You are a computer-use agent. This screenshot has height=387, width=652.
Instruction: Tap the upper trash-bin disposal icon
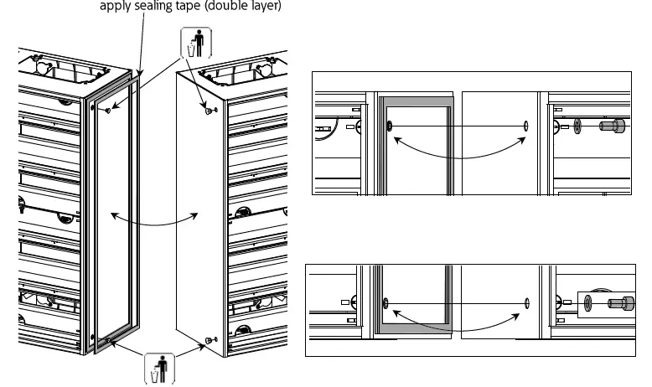[x=194, y=43]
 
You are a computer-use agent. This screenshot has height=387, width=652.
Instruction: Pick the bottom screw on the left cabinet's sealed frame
[x=109, y=339]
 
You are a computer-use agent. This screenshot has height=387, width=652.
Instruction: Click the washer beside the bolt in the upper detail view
[x=579, y=126]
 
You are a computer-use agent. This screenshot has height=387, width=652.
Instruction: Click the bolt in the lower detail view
[x=619, y=302]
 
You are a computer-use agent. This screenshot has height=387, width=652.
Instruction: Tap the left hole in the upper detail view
[x=390, y=126]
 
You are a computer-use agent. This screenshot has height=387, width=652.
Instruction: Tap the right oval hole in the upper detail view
[x=525, y=126]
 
